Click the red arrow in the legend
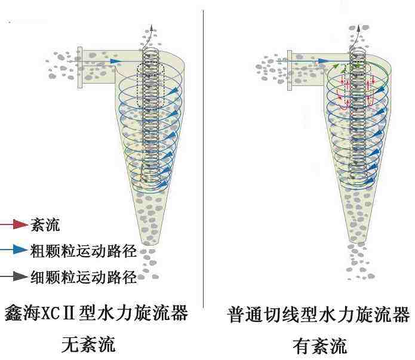click(19, 224)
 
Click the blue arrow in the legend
click(19, 250)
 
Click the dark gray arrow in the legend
click(19, 276)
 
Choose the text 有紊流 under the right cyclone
click(319, 346)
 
